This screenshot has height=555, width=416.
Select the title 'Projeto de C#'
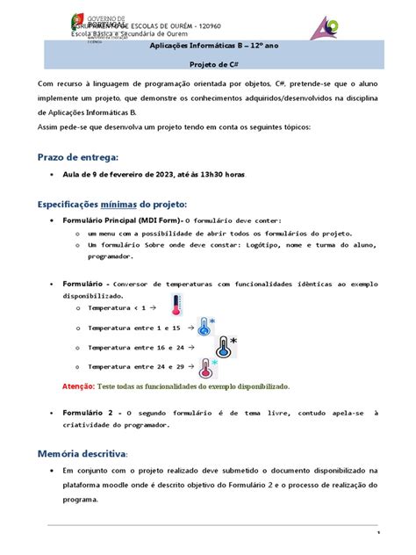coord(207,64)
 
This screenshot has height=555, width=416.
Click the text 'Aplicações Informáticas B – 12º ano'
coord(207,47)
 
